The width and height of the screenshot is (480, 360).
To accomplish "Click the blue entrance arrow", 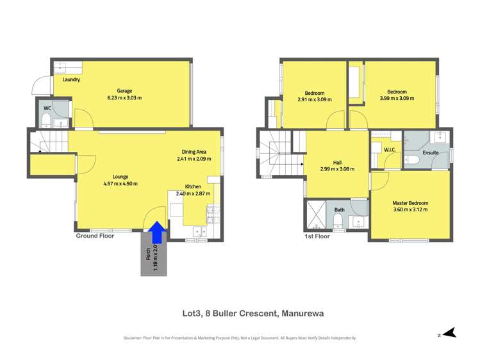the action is [x=158, y=233].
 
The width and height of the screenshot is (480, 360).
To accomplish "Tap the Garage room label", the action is [x=124, y=91].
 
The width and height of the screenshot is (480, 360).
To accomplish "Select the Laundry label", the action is [x=71, y=79].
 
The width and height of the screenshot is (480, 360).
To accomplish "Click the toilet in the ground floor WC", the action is [x=46, y=120].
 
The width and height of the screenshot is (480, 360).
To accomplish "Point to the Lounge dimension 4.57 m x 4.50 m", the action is [x=120, y=184].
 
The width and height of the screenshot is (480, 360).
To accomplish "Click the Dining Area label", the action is [x=194, y=152].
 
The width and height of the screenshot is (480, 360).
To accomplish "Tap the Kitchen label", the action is [x=193, y=186].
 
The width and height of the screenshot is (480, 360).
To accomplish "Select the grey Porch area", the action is [x=154, y=254].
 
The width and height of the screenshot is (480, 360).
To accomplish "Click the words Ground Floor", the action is [x=95, y=236].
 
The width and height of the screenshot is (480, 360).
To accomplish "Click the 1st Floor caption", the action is [x=317, y=236].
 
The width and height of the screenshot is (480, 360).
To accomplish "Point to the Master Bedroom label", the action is [x=410, y=203].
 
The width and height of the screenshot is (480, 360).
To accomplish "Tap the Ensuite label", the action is [x=431, y=152].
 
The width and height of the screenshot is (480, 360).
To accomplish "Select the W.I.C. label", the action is [x=390, y=150].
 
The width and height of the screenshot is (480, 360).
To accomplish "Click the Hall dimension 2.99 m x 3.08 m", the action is [x=337, y=169].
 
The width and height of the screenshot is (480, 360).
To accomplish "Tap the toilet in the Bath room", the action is [x=338, y=220].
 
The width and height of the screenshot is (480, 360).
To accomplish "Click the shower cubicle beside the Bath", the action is [x=315, y=215].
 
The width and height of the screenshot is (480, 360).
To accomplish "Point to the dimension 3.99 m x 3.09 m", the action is [x=397, y=99].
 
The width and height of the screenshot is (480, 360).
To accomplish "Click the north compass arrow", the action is [x=449, y=332].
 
